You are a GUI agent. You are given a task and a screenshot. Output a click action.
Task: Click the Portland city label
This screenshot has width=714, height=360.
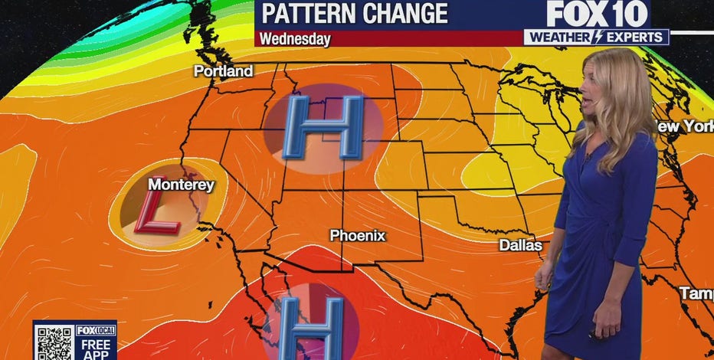coord(223,71)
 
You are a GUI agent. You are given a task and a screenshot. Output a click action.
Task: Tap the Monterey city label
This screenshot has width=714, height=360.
coord(181,185)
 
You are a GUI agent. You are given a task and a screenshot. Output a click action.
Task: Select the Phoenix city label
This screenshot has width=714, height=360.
coord(357,236)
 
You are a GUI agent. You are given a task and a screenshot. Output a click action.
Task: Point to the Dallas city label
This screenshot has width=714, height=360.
coord(520,246)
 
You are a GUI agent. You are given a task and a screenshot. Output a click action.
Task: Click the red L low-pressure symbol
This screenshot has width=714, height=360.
coord(157,212)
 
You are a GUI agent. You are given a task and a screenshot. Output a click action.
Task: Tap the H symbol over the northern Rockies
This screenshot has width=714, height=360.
coord(322,128)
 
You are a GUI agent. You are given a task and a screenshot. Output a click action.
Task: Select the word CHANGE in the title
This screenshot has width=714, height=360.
coord(407,14)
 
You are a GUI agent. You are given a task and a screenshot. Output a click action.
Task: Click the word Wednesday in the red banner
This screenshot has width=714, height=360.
coord(294,38)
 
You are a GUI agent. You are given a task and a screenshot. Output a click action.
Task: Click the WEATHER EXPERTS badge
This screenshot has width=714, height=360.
coord(596,37)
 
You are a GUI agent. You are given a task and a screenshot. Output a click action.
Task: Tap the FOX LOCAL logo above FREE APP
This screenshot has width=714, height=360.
coord(96,330)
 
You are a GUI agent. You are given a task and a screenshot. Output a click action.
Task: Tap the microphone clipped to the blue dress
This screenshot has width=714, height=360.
coord(588,158)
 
